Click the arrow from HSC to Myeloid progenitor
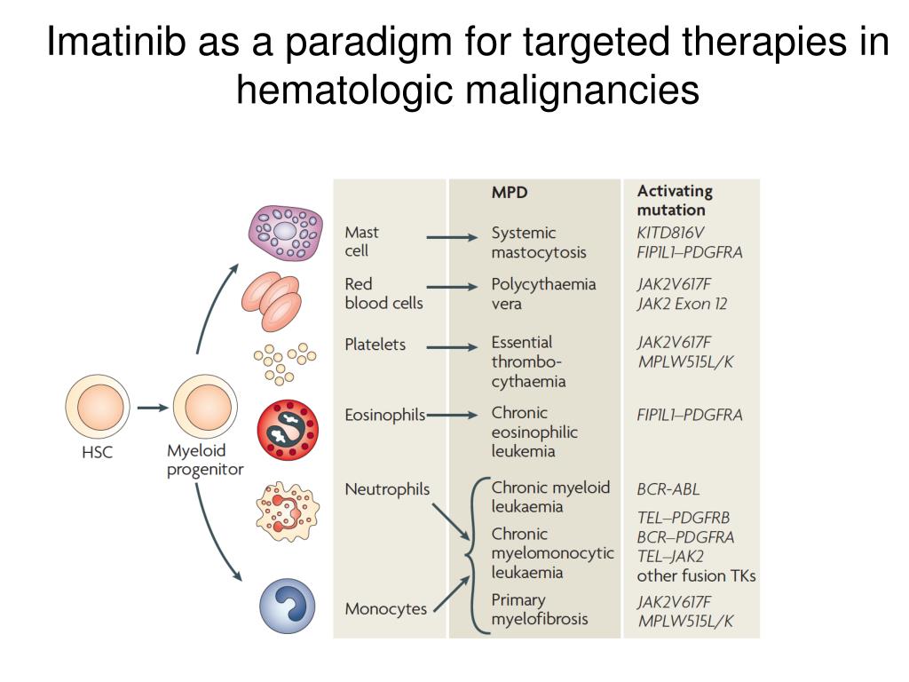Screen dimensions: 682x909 [x=152, y=408]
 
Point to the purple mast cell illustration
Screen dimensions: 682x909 [x=285, y=233]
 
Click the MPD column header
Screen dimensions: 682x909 [x=510, y=191]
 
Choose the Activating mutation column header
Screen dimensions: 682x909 [x=675, y=201]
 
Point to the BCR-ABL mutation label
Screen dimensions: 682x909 [x=668, y=488]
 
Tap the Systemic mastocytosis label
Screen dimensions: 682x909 [x=539, y=242]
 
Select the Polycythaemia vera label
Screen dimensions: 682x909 [x=543, y=294]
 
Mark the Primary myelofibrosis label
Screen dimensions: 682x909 [x=540, y=609]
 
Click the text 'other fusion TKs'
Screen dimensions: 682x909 [x=696, y=575]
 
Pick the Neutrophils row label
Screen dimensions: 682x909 [x=387, y=489]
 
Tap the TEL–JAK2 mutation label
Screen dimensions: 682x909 [x=670, y=557]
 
